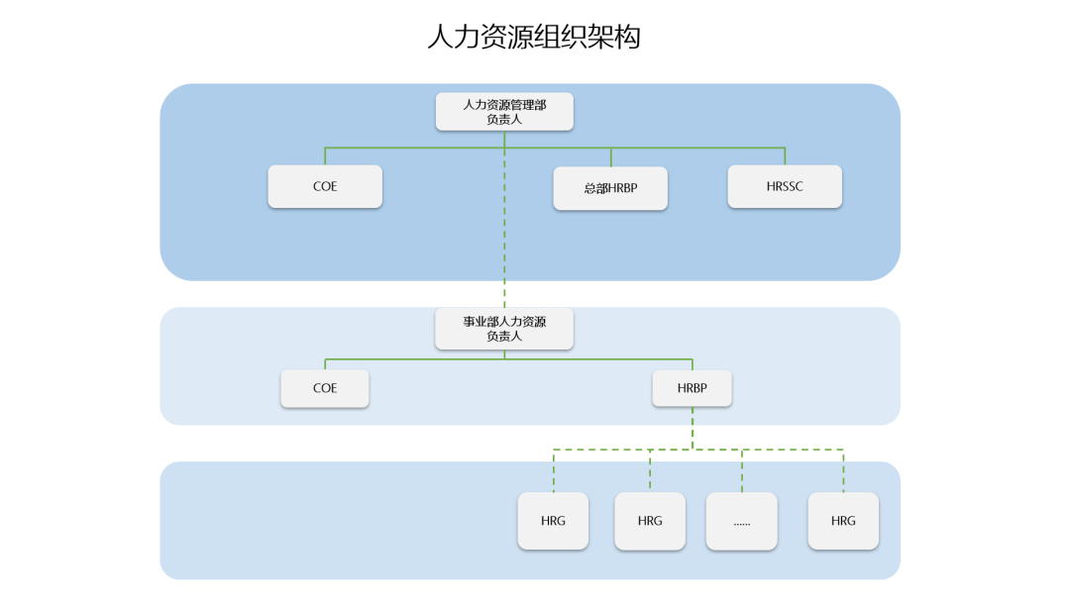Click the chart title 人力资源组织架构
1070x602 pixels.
534,38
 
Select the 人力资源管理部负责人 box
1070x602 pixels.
504,111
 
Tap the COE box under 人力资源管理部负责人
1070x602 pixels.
325,186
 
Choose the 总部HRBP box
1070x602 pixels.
610,188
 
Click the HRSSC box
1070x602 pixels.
785,186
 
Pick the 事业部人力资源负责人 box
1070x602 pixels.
504,329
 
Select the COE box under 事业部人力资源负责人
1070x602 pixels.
325,388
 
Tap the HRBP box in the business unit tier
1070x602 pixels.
692,388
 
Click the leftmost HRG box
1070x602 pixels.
553,521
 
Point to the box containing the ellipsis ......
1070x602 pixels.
741,521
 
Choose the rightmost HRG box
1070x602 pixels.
843,521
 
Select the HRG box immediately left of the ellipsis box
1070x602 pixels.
650,521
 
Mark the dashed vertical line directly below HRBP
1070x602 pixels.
692,428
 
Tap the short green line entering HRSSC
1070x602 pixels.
785,156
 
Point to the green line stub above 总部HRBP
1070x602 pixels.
610,157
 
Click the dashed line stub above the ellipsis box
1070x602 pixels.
741,470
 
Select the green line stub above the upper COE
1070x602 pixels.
325,156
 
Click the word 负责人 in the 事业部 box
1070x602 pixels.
504,337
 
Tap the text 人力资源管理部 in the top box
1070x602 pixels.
504,104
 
